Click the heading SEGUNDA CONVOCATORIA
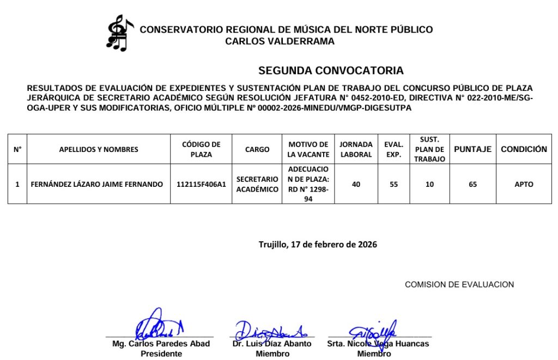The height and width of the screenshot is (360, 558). pyautogui.click(x=331, y=71)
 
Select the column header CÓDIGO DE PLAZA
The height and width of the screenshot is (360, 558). pyautogui.click(x=201, y=149)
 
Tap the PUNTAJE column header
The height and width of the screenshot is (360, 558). pyautogui.click(x=472, y=149)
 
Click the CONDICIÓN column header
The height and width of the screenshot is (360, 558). pyautogui.click(x=524, y=149)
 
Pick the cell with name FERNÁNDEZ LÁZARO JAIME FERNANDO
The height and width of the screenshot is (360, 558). pyautogui.click(x=97, y=185)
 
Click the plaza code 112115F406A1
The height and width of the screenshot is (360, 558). pyautogui.click(x=201, y=185)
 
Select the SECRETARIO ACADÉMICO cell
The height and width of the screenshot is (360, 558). pyautogui.click(x=257, y=185)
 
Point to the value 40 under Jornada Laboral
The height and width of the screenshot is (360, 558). pyautogui.click(x=356, y=185)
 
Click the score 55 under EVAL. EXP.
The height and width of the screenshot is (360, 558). pyautogui.click(x=393, y=185)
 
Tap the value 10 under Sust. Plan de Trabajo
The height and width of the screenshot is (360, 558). pyautogui.click(x=429, y=185)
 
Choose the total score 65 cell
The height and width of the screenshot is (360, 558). pyautogui.click(x=472, y=185)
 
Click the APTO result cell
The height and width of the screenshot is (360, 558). pyautogui.click(x=524, y=185)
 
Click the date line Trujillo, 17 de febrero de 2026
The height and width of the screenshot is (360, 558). pyautogui.click(x=318, y=245)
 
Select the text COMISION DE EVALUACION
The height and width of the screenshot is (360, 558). pyautogui.click(x=459, y=284)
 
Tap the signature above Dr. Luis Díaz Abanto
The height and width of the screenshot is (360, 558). pyautogui.click(x=271, y=329)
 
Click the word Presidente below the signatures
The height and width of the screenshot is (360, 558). pyautogui.click(x=161, y=353)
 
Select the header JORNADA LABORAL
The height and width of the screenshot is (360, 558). pyautogui.click(x=356, y=149)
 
